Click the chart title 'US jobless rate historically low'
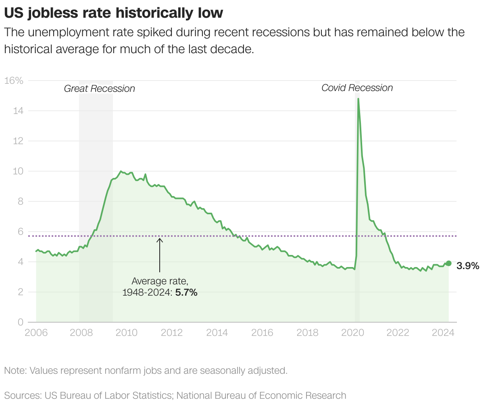(113, 13)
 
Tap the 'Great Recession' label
(99, 89)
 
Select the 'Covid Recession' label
(357, 88)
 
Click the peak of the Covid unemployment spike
(358, 99)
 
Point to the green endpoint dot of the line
(448, 263)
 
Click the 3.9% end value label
(468, 265)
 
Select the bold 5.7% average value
(186, 293)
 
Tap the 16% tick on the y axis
(14, 81)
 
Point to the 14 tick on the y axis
(18, 111)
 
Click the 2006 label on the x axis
(36, 333)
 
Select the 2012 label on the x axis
(172, 333)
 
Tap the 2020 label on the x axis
(352, 333)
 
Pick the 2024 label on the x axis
(443, 333)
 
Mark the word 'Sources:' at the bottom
(23, 396)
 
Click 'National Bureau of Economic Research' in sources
(261, 396)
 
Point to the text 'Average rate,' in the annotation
(160, 281)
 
